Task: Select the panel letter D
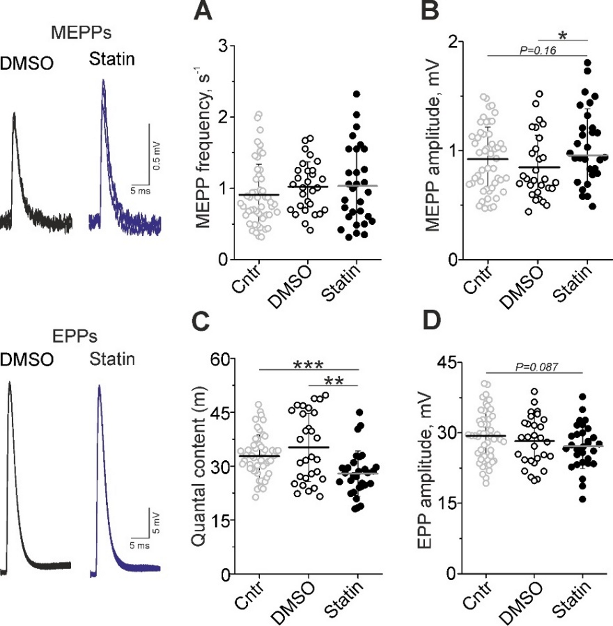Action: pyautogui.click(x=432, y=320)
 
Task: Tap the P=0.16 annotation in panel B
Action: pyautogui.click(x=538, y=50)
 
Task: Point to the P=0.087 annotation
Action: pyautogui.click(x=537, y=367)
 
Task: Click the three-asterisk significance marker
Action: pyautogui.click(x=309, y=365)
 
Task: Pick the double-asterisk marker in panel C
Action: pyautogui.click(x=333, y=381)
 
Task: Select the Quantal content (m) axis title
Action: pyautogui.click(x=198, y=466)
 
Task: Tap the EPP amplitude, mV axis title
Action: pyautogui.click(x=425, y=471)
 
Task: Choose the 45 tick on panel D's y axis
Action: pyautogui.click(x=447, y=363)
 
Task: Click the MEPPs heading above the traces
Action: pyautogui.click(x=81, y=33)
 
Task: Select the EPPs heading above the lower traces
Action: pyautogui.click(x=75, y=336)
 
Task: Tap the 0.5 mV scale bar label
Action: pyautogui.click(x=156, y=156)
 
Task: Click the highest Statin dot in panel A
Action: pyautogui.click(x=356, y=94)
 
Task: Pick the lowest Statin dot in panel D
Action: pyautogui.click(x=582, y=499)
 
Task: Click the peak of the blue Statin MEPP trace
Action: pyautogui.click(x=103, y=80)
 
